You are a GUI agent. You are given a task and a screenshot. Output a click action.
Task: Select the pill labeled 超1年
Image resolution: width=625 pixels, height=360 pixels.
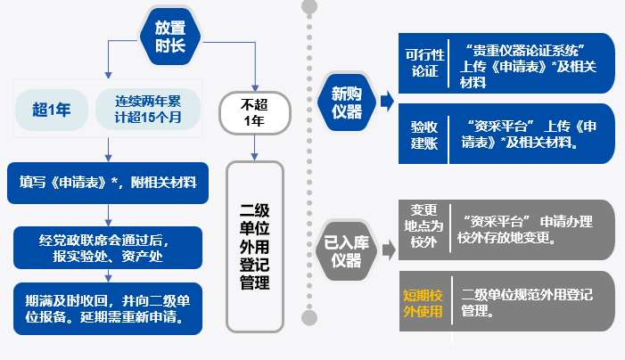(x=52, y=110)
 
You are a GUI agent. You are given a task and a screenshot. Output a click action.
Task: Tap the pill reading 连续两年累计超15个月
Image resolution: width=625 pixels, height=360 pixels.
(x=144, y=110)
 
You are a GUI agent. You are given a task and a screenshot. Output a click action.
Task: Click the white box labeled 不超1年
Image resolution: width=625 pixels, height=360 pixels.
(x=254, y=111)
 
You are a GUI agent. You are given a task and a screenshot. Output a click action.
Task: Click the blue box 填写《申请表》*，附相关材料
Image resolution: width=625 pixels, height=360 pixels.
(x=108, y=184)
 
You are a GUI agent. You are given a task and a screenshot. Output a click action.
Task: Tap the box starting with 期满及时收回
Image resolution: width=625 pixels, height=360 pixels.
(x=108, y=307)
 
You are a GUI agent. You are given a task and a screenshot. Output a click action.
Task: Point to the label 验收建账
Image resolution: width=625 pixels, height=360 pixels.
(x=424, y=135)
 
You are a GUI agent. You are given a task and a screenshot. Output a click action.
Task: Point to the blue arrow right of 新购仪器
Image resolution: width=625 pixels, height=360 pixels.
(x=386, y=101)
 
